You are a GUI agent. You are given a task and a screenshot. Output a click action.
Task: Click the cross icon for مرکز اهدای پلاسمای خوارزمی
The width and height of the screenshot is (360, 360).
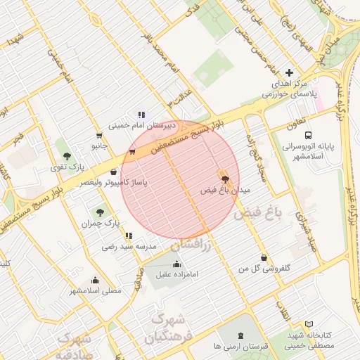(x=290, y=73)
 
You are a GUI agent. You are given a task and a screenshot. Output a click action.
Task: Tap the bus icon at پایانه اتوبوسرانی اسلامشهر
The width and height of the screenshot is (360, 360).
(x=308, y=135)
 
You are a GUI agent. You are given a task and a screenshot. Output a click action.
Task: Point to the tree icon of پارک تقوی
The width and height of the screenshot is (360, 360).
(x=67, y=156)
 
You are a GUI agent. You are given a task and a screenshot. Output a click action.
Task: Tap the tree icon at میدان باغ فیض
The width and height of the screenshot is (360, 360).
(x=225, y=179)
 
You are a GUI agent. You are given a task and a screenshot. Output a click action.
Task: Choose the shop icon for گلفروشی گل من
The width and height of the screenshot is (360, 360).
(x=264, y=258)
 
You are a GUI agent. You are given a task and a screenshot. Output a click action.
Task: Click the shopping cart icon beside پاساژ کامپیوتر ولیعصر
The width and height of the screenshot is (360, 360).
(x=132, y=150)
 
